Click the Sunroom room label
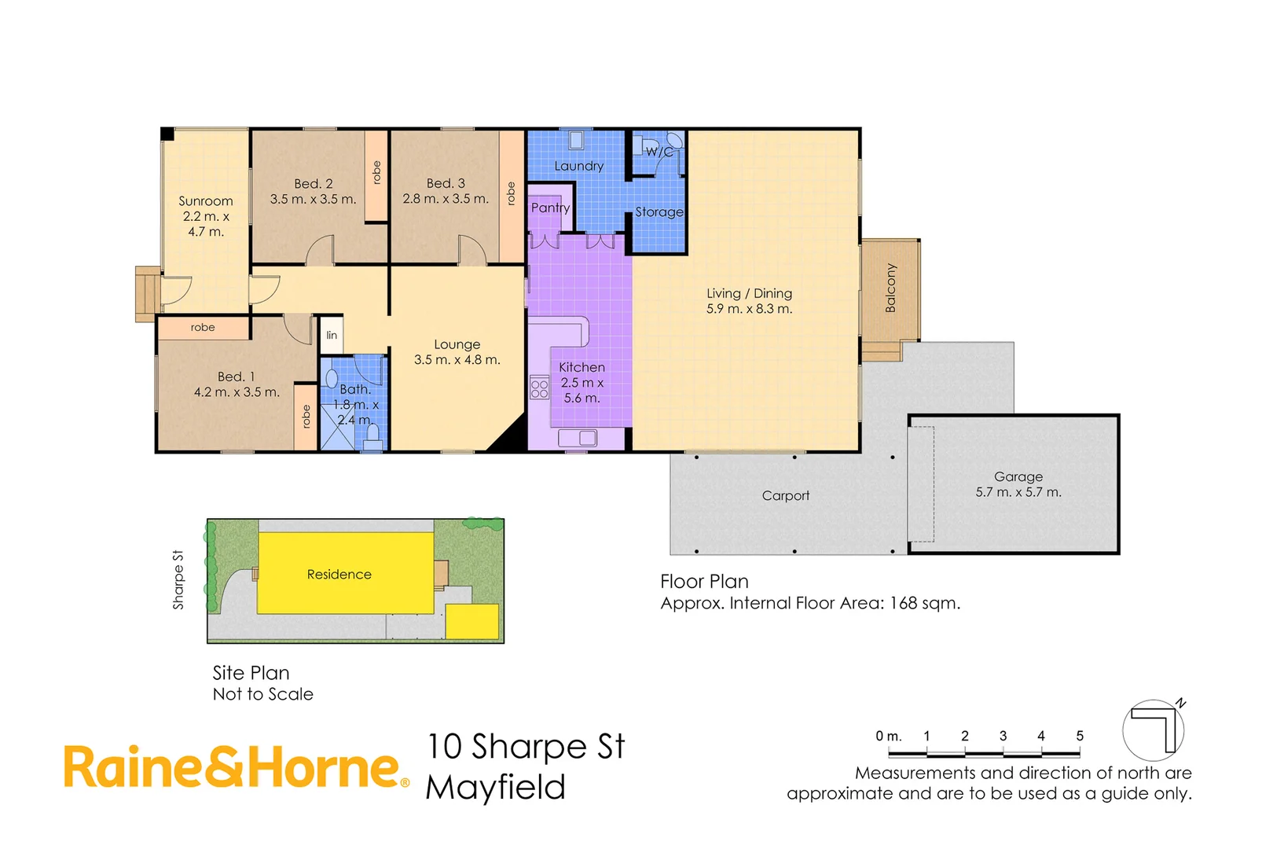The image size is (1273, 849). (205, 201)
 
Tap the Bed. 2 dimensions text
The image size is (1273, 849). (313, 200)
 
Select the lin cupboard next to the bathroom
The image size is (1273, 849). (332, 335)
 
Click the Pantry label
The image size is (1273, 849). (550, 208)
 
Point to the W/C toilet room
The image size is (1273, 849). (659, 152)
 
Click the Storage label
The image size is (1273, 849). (659, 212)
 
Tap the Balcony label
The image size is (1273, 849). (890, 288)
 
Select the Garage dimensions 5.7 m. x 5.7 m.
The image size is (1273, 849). (1018, 492)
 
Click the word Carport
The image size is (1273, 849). (785, 495)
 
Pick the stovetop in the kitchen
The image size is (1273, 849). (539, 388)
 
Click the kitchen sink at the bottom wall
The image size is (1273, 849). (578, 438)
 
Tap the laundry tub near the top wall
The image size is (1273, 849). (576, 140)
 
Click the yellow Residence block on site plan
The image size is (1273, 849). (339, 575)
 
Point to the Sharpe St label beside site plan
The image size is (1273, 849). (178, 579)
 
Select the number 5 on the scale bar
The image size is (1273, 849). (1080, 736)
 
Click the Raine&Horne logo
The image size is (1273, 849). (236, 767)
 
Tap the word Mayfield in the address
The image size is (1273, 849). (495, 788)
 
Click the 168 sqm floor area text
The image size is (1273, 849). (924, 603)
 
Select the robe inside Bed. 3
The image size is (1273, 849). (511, 194)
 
